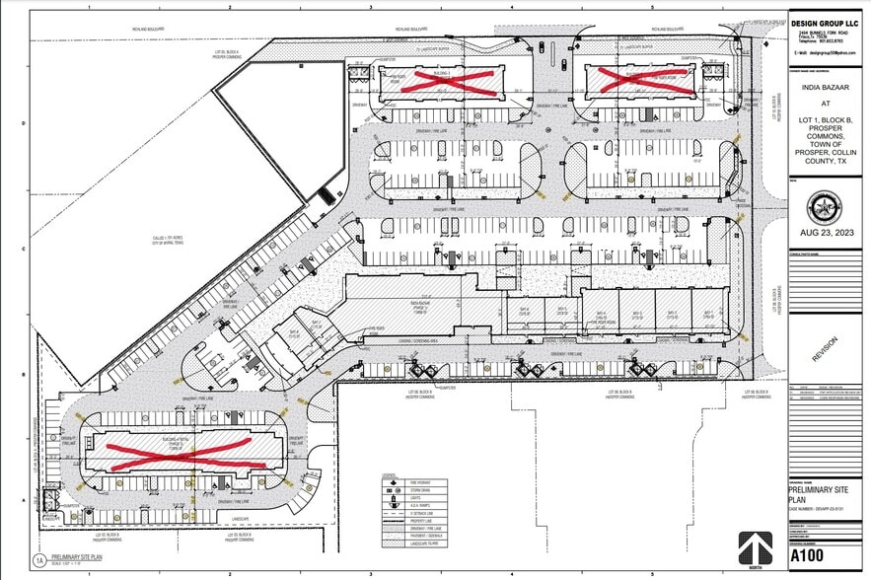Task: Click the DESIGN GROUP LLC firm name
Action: click(826, 23)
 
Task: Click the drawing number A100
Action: click(808, 556)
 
